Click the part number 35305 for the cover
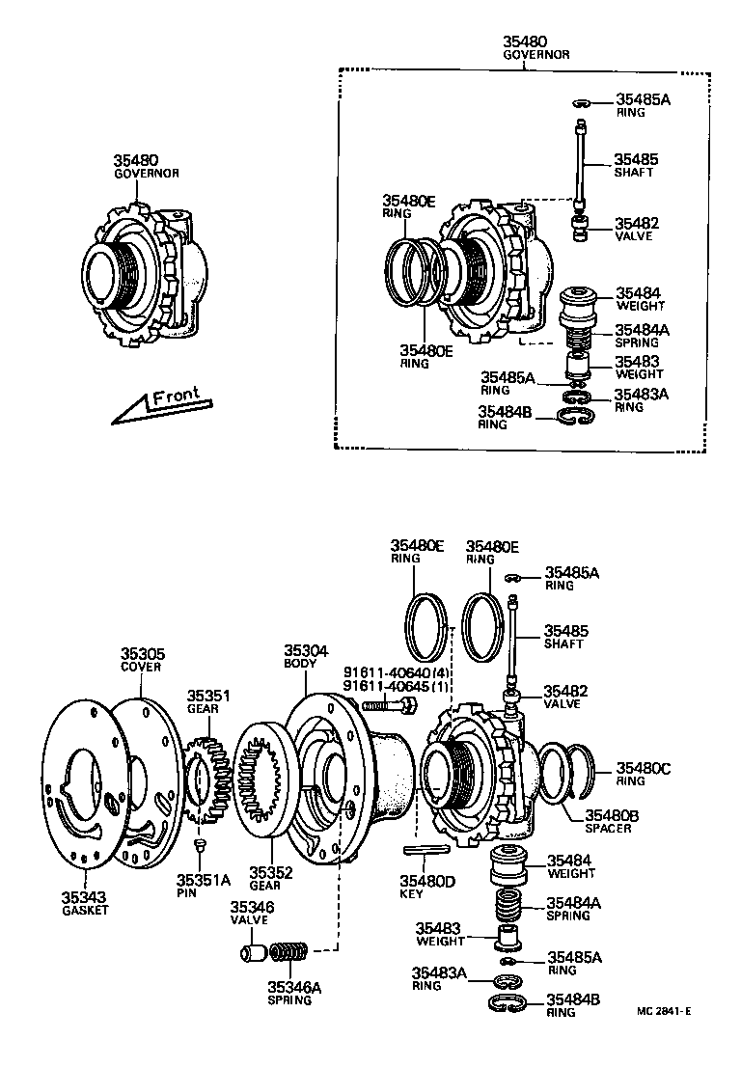click(141, 653)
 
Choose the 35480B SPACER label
click(609, 821)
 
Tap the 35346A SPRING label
click(290, 993)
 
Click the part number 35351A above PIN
click(204, 879)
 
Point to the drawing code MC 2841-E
click(664, 1011)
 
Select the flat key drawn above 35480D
click(424, 850)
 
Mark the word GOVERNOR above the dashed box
click(536, 55)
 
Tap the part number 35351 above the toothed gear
click(208, 695)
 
